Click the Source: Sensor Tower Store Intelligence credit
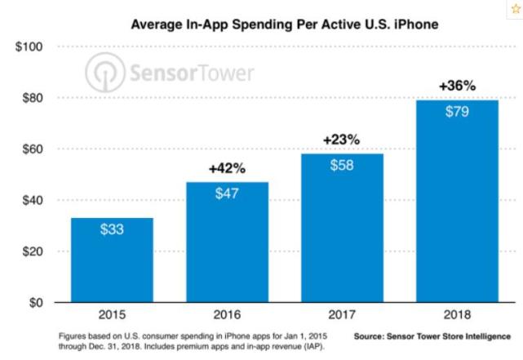point(432,336)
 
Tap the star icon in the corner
point(514,7)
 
